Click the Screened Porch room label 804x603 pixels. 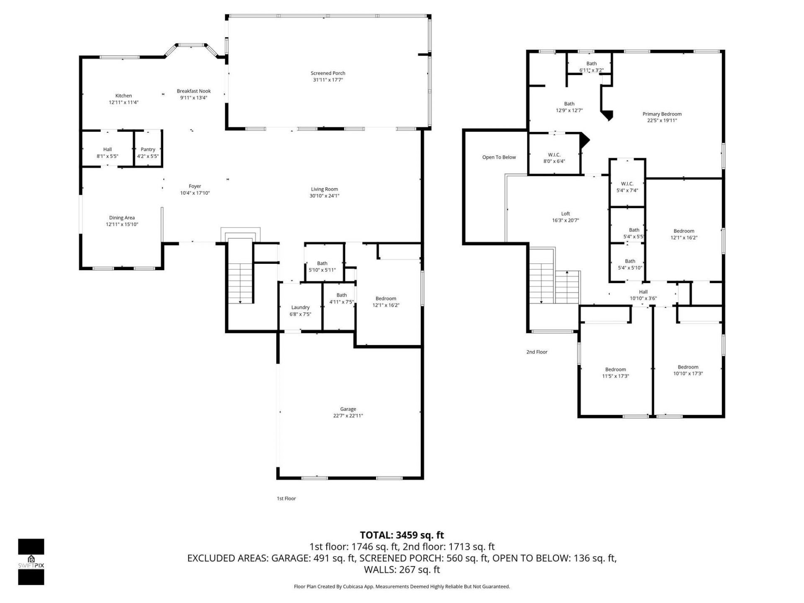click(x=327, y=73)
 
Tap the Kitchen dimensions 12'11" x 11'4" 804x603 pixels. click(x=124, y=102)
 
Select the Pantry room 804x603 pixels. click(x=148, y=152)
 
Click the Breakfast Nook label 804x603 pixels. click(x=193, y=91)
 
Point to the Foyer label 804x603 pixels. click(x=195, y=186)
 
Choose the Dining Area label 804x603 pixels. click(x=122, y=218)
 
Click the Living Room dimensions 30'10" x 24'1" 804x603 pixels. click(x=324, y=196)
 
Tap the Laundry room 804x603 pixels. click(x=300, y=310)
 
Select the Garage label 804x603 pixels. click(x=348, y=409)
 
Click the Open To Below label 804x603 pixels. click(x=499, y=157)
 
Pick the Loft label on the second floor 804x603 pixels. click(x=565, y=214)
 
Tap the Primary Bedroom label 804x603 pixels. click(x=662, y=114)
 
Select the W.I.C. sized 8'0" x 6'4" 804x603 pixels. click(x=554, y=158)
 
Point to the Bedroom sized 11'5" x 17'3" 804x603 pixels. click(x=615, y=373)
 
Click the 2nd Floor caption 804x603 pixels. click(x=536, y=352)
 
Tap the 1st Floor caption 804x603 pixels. click(x=286, y=498)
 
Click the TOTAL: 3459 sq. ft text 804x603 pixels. click(x=402, y=535)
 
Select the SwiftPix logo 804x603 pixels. click(x=31, y=562)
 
